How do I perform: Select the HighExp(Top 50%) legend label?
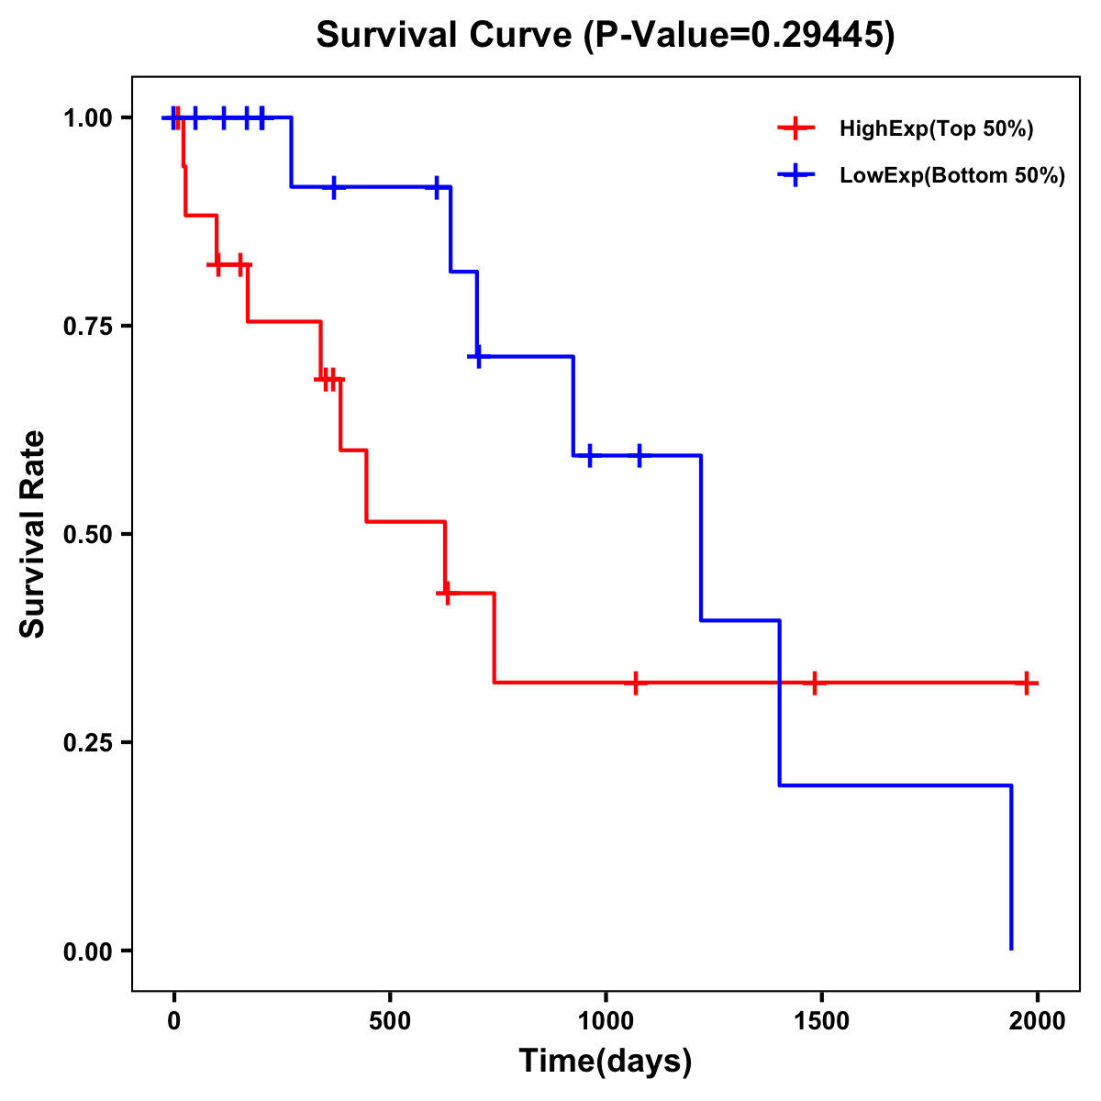pos(936,129)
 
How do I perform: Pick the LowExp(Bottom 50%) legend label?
pos(952,176)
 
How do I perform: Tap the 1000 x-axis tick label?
pos(606,1021)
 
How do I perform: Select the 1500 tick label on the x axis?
pos(821,1021)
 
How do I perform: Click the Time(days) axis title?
pos(606,1062)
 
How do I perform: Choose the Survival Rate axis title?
pos(33,534)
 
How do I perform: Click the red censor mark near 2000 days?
pos(1027,683)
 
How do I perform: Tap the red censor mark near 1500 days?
pos(814,683)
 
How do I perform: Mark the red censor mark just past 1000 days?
pos(635,683)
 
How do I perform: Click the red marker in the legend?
pos(795,129)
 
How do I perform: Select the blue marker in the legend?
pos(795,176)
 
